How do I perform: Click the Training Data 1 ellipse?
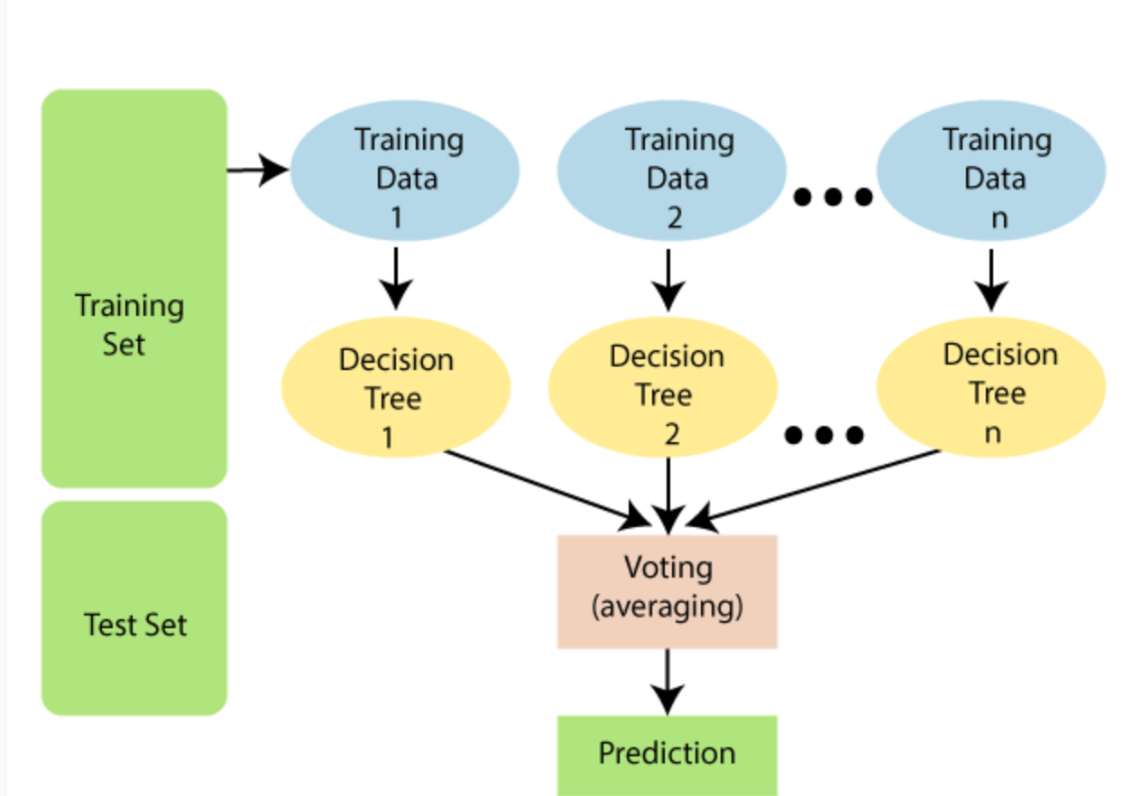[x=403, y=172]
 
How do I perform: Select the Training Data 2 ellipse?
[x=672, y=172]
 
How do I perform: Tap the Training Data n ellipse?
[x=991, y=172]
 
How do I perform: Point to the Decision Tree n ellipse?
[x=991, y=388]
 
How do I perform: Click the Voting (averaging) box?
[x=667, y=591]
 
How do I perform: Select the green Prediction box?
[x=667, y=754]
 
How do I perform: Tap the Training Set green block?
[x=134, y=288]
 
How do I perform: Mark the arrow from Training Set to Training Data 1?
[x=257, y=170]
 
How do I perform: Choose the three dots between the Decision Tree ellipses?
[x=824, y=436]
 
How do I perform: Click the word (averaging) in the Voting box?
[x=667, y=606]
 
